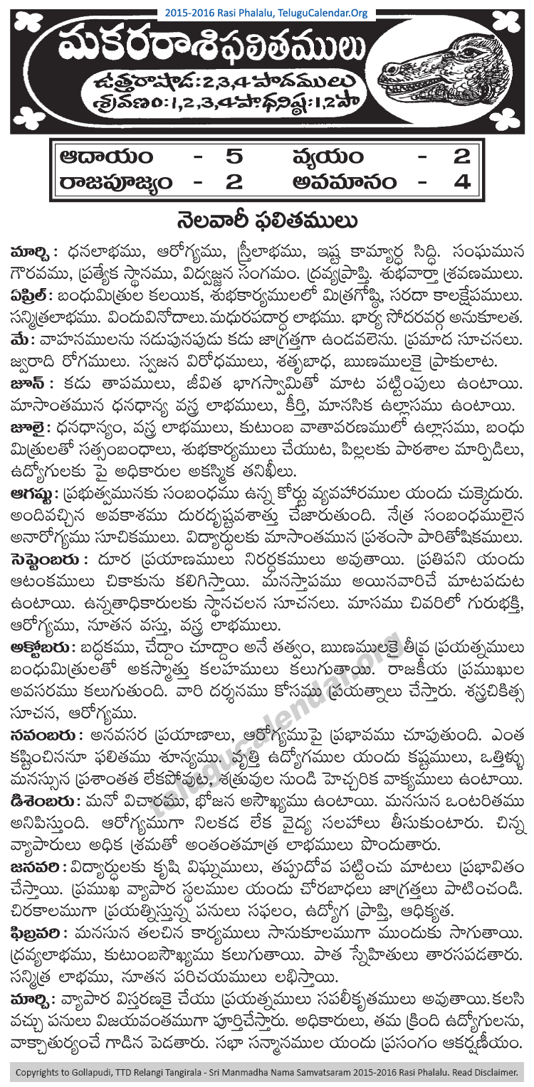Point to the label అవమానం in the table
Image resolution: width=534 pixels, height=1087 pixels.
pos(345,183)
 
